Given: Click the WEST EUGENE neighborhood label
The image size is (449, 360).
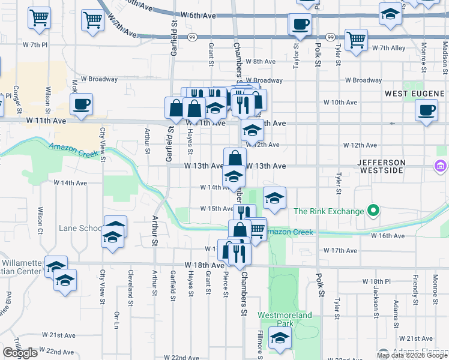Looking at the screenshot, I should click(x=414, y=94).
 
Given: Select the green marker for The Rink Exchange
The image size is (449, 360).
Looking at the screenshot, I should click(x=373, y=211).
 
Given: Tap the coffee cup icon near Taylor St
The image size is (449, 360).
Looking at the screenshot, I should click(x=300, y=25).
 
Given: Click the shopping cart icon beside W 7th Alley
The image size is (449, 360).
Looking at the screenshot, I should click(x=357, y=40).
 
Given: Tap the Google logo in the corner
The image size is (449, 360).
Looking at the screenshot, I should click(x=20, y=353).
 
